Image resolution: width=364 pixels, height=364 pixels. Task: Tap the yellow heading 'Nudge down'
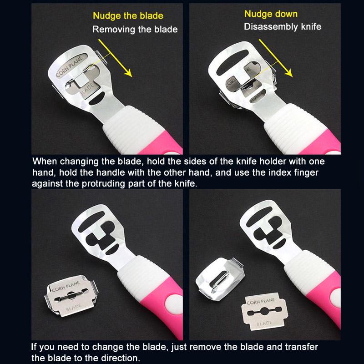coord(271,14)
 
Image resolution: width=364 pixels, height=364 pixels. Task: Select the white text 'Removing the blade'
coord(135,30)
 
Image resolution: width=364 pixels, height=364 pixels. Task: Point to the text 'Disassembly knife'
coord(282,26)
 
